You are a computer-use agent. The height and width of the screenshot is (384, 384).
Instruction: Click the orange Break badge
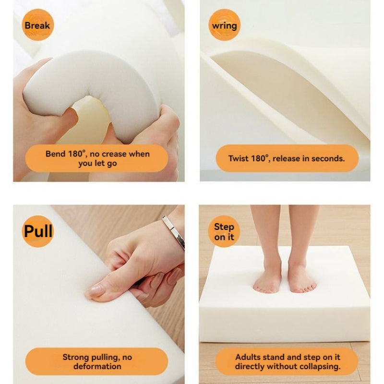pos(38,25)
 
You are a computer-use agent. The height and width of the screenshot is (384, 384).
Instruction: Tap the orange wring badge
pos(224,25)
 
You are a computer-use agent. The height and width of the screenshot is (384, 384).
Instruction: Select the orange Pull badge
pos(38,231)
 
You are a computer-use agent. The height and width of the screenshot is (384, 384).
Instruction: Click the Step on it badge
pos(224,231)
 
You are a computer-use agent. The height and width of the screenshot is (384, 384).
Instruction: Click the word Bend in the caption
pos(55,154)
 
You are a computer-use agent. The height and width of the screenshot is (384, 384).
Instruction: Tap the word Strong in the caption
pos(76,357)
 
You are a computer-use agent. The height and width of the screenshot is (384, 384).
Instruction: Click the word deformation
pos(97,366)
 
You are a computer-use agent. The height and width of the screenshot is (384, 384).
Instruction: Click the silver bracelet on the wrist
pos(174,232)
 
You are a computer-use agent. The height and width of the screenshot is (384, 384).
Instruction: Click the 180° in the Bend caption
pos(77,154)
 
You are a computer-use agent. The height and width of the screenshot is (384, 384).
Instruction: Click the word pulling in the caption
pos(106,357)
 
